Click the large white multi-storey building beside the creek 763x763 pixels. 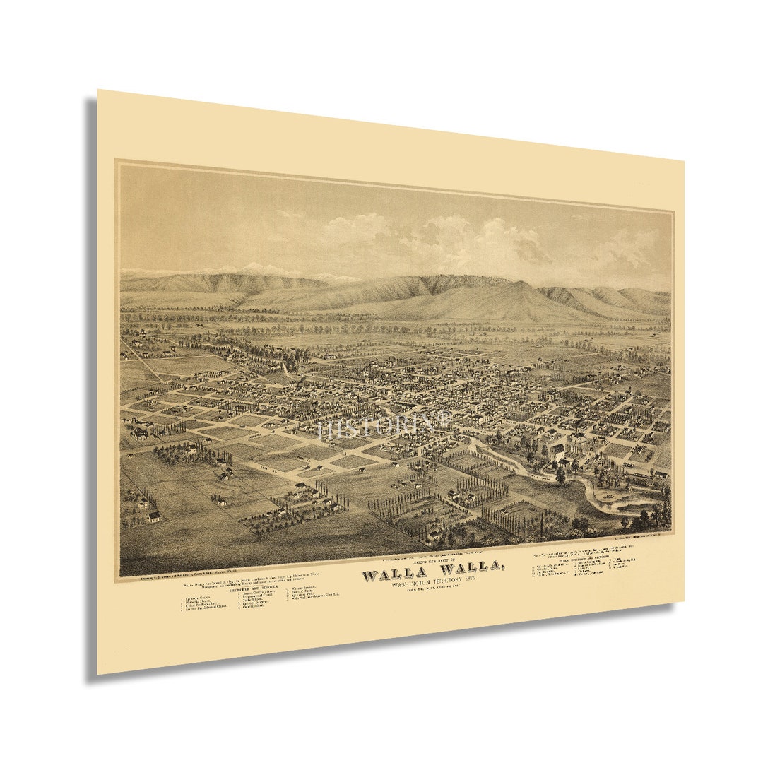point(557,453)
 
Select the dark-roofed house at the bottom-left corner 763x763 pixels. point(153,516)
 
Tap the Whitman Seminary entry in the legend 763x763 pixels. point(304,588)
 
